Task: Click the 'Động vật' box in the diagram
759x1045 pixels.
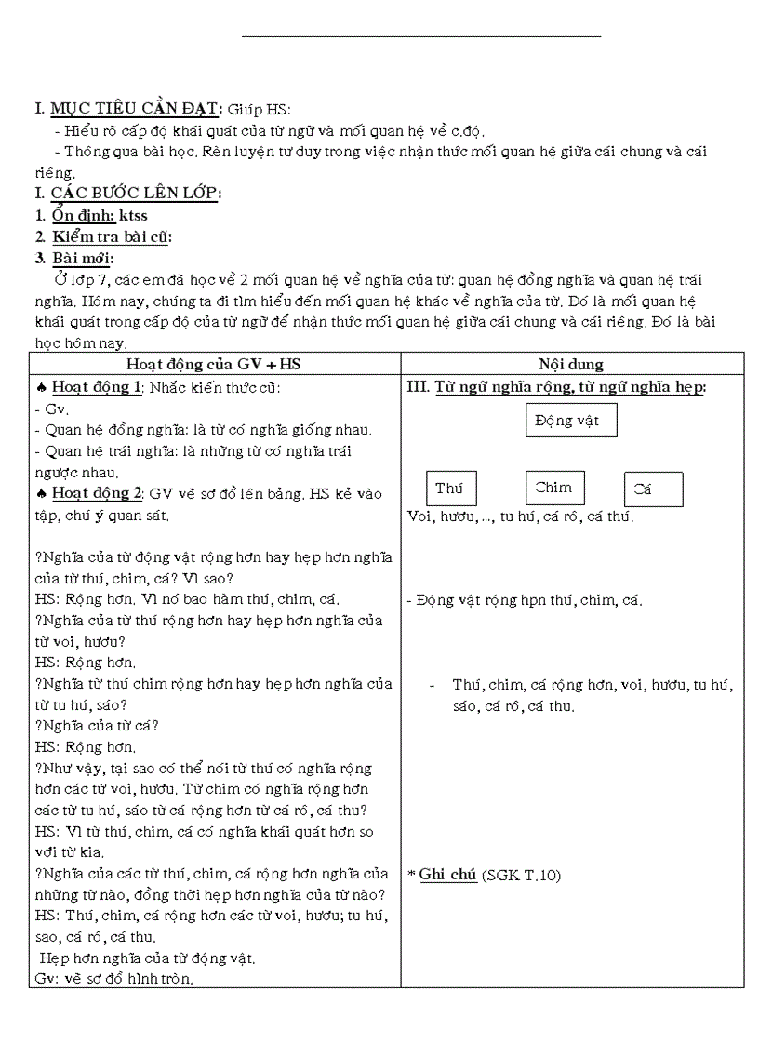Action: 571,421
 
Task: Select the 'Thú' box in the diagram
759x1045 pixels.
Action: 451,489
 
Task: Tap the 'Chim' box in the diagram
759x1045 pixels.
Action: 554,488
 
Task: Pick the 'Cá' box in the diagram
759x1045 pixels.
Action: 653,489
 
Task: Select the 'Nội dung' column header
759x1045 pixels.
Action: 571,364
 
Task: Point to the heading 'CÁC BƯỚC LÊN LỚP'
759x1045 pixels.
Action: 135,193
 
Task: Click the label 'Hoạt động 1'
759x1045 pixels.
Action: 97,387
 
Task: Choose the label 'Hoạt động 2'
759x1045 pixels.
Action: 97,493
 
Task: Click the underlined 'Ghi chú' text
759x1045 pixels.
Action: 447,874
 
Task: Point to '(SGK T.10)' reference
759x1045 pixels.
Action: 522,875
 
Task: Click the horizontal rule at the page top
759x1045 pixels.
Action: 420,36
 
